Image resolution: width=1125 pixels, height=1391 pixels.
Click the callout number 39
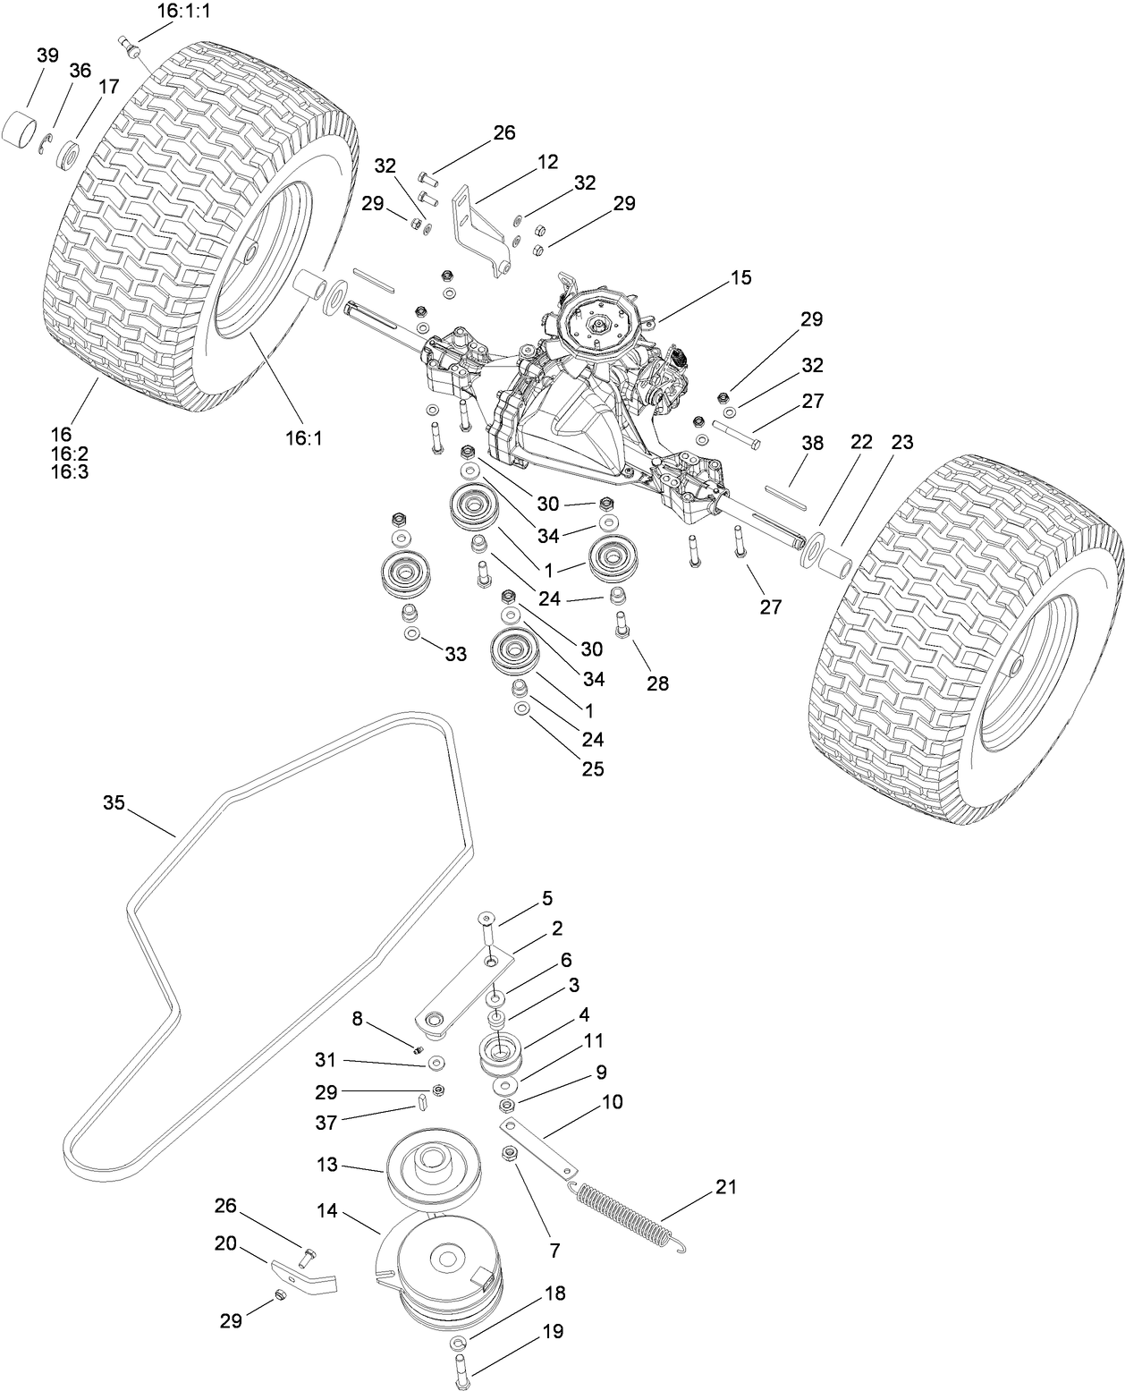tap(47, 55)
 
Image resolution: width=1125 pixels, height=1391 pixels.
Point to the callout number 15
tap(740, 277)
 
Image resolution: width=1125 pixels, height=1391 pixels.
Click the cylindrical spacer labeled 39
tap(24, 128)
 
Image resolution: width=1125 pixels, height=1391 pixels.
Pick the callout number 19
tap(553, 1331)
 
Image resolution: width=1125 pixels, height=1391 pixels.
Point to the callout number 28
tap(657, 683)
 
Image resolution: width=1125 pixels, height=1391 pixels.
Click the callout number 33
tap(456, 655)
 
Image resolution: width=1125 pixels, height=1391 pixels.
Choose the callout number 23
tap(902, 441)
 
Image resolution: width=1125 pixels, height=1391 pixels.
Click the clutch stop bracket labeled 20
tap(304, 1277)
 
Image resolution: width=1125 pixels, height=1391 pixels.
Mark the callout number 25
tap(593, 768)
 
